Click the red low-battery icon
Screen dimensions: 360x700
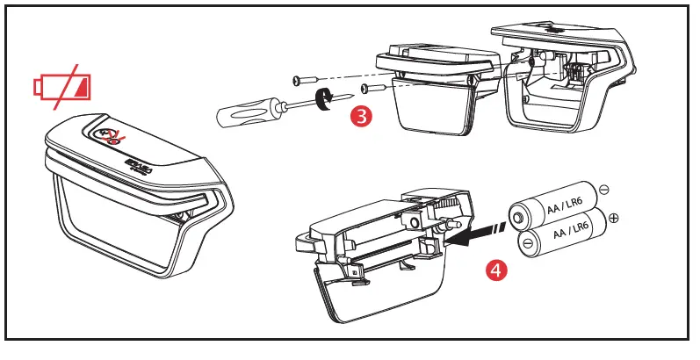(61, 87)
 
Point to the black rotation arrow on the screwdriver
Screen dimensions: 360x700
(322, 98)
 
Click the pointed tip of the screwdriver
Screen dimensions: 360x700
(353, 95)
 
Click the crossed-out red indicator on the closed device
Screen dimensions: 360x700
(109, 135)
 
